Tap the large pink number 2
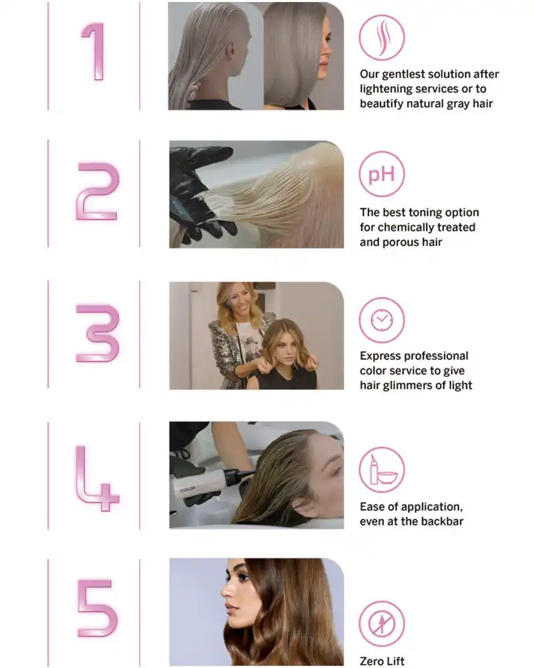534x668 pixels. click(97, 191)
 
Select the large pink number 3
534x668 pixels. click(97, 333)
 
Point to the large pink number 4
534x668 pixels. click(96, 478)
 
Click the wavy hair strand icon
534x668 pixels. click(382, 37)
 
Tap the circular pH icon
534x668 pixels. click(382, 174)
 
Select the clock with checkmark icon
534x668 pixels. click(382, 320)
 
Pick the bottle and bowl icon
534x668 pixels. click(382, 470)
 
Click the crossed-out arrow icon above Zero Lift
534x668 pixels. click(382, 624)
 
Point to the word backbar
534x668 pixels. click(443, 521)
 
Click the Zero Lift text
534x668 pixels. click(382, 661)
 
